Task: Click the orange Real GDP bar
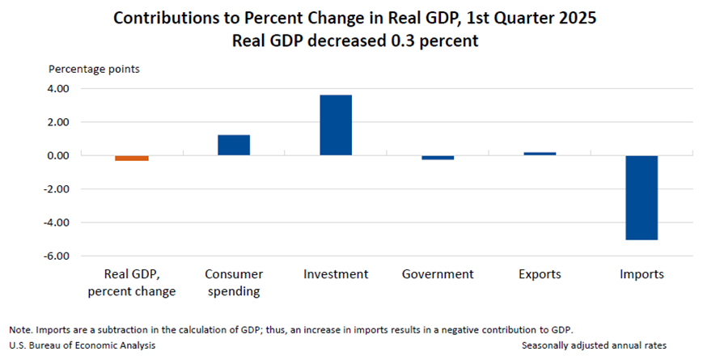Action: point(131,158)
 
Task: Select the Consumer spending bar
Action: point(234,145)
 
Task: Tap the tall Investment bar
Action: point(336,125)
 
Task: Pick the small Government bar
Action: point(438,157)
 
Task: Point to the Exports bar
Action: point(540,153)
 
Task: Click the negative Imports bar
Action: point(642,197)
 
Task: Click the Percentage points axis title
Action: point(94,69)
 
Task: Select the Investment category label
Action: point(336,274)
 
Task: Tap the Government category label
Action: point(438,274)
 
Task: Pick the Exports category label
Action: point(540,274)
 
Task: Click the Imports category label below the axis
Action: point(642,274)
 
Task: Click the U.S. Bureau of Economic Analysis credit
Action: point(83,345)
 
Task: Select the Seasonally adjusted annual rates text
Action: point(594,345)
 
